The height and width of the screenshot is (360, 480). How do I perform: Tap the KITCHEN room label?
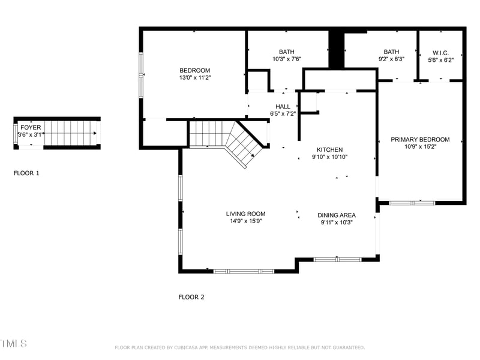(x=330, y=149)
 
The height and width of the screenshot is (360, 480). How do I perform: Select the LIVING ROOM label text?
(x=245, y=214)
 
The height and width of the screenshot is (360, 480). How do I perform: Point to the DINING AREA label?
(x=336, y=215)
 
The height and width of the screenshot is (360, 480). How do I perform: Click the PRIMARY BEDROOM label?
(x=420, y=139)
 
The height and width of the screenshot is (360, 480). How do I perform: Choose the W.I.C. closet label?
(x=440, y=52)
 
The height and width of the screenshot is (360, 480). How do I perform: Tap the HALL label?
(x=283, y=106)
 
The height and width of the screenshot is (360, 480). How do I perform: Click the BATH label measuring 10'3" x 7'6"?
(x=286, y=52)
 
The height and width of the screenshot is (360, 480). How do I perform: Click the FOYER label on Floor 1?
(x=31, y=127)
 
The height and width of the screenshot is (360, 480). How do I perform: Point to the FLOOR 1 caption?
(x=26, y=173)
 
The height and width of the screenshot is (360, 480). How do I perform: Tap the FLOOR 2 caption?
(x=191, y=296)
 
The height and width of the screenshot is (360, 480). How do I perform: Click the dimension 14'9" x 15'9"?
(x=245, y=221)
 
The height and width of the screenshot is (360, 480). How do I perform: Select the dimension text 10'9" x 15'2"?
(x=420, y=146)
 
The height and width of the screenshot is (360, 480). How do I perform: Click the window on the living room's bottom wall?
(x=244, y=271)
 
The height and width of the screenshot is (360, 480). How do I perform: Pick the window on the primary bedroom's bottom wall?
(x=412, y=203)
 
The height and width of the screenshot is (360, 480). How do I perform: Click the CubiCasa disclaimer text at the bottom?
(x=239, y=347)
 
